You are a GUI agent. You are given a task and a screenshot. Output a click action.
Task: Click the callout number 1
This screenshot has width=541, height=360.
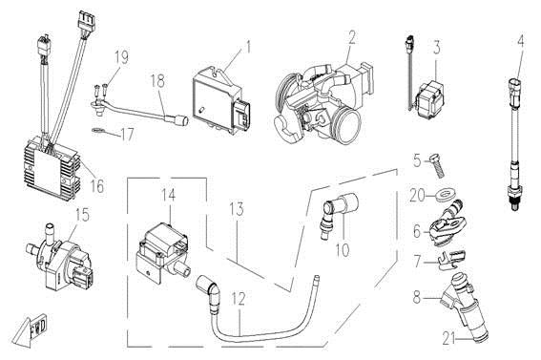click(247, 48)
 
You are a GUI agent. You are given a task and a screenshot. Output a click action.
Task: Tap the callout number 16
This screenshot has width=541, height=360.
click(97, 186)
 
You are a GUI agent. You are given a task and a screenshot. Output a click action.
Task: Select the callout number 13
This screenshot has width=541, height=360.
click(237, 209)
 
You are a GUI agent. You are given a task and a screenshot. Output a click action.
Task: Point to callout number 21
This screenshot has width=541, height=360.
click(448, 340)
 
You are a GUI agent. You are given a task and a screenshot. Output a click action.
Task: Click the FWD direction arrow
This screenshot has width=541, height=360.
click(30, 328)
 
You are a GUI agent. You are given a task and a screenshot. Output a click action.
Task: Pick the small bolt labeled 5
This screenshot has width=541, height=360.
click(436, 166)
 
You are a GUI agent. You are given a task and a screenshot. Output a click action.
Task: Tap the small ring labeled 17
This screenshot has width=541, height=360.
click(99, 131)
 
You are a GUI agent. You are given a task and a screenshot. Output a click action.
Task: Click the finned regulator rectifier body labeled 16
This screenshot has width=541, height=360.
click(52, 169)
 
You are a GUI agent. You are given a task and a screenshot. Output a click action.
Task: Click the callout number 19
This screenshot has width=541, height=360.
click(121, 57)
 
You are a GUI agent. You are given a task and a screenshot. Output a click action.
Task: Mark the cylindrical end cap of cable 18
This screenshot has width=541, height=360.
click(182, 120)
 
